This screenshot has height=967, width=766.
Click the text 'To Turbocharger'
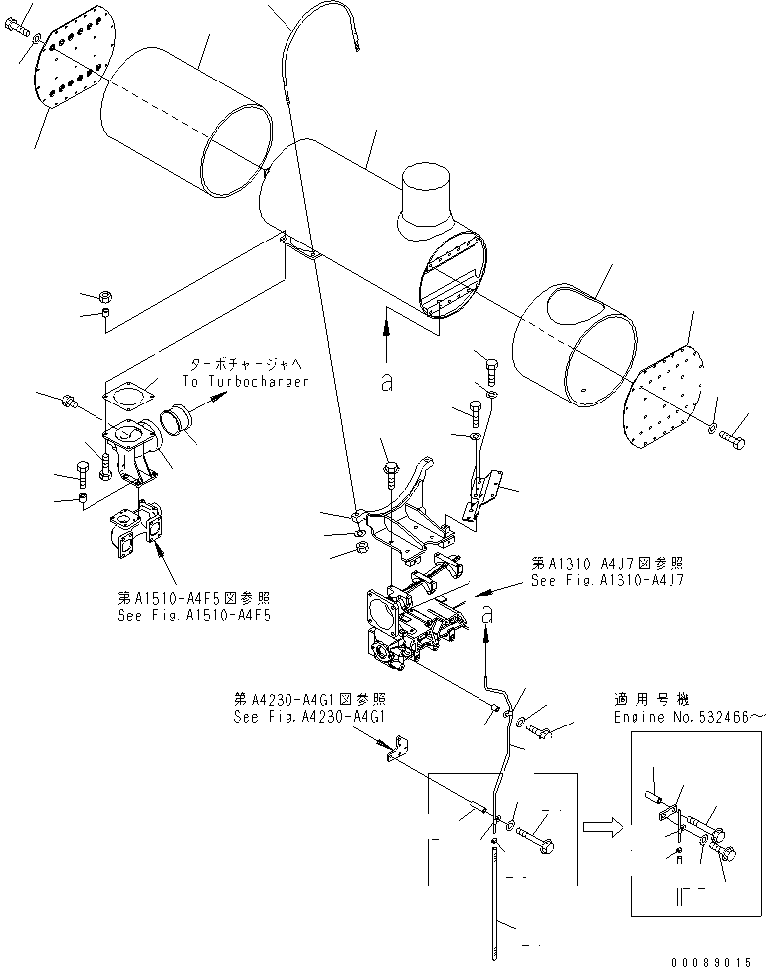pyautogui.click(x=246, y=381)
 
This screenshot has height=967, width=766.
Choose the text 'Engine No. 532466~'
pyautogui.click(x=685, y=715)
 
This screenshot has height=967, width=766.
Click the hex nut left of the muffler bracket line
pyautogui.click(x=104, y=296)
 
